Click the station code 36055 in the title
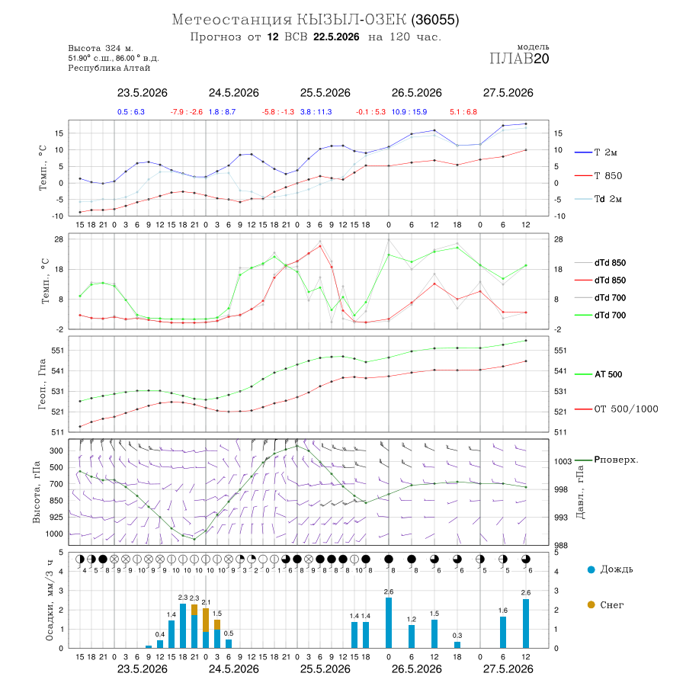[x=435, y=20]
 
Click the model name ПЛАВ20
[x=519, y=59]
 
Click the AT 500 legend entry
[x=598, y=374]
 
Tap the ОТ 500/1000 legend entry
[x=617, y=409]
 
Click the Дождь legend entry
[x=611, y=569]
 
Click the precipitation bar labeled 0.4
[x=160, y=644]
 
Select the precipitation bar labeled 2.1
[x=206, y=628]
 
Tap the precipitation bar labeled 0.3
[x=457, y=645]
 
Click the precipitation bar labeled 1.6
[x=503, y=632]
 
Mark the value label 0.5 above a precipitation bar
[x=229, y=633]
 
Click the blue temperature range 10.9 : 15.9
[x=409, y=112]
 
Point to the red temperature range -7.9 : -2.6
[x=187, y=112]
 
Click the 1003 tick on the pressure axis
[x=563, y=462]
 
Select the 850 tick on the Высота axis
[x=56, y=501]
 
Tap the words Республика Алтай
[x=109, y=69]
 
